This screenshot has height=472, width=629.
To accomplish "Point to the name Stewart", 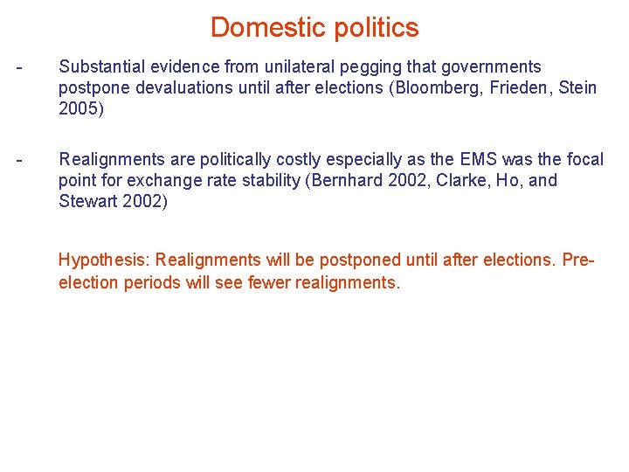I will [86, 201].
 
